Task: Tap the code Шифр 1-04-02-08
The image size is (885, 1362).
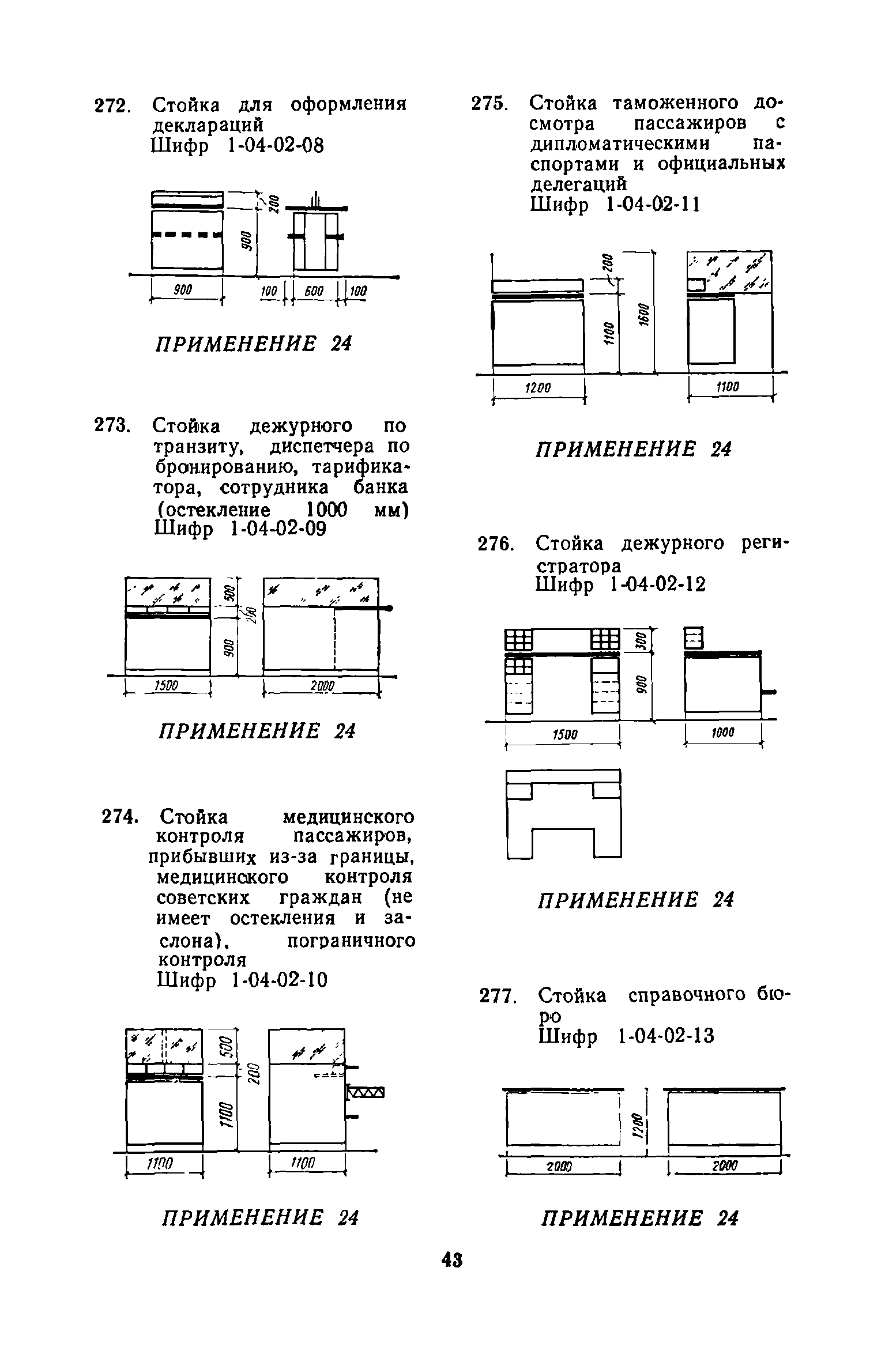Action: [237, 146]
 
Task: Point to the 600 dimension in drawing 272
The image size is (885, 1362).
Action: [314, 292]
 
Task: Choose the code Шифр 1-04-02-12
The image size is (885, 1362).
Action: [620, 586]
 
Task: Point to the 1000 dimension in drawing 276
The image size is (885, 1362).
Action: [722, 733]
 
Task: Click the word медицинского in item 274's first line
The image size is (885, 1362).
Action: [348, 817]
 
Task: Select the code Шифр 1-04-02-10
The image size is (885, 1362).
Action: [242, 979]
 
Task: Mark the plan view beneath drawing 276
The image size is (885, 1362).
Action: [563, 814]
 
